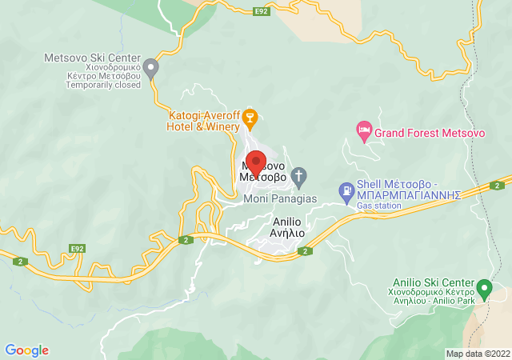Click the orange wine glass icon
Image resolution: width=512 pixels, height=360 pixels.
(x=250, y=118)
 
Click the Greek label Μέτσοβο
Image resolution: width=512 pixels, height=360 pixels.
(x=262, y=178)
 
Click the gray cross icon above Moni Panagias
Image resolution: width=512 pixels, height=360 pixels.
(x=298, y=175)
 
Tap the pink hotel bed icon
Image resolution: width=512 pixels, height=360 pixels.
(x=364, y=130)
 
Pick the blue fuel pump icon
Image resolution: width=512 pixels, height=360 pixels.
(x=346, y=190)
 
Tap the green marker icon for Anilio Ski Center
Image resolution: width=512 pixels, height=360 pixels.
(x=484, y=286)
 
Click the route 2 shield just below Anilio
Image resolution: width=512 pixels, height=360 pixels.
(x=305, y=251)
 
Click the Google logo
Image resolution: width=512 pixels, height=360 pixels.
(x=27, y=350)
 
